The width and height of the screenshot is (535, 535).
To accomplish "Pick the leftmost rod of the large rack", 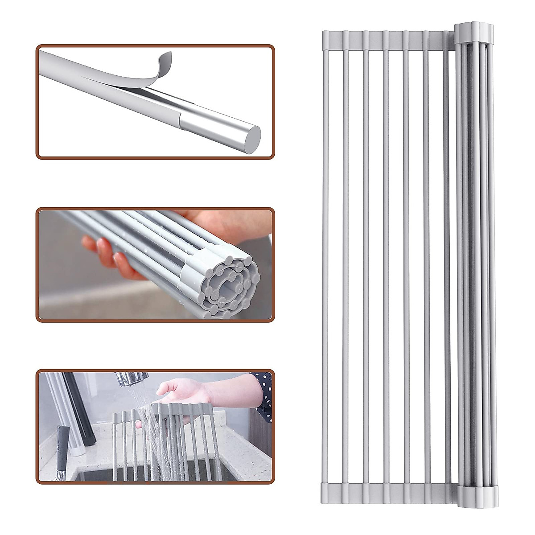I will click(x=325, y=263).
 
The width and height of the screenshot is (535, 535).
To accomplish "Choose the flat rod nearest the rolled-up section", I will click(x=447, y=263).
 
